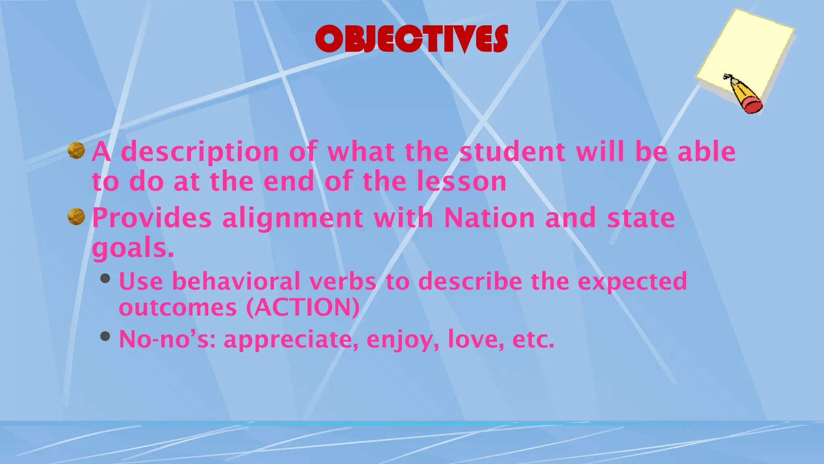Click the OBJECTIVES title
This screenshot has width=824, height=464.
(411, 39)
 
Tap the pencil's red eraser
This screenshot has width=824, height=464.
(752, 105)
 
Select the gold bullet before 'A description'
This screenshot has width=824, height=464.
(76, 151)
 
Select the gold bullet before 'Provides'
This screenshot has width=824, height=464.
(76, 217)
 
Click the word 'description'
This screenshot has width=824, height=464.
(200, 152)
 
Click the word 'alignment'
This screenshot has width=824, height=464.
(293, 218)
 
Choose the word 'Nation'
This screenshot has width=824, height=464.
(489, 218)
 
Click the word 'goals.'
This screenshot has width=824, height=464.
(133, 248)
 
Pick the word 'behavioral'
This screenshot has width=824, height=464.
(236, 281)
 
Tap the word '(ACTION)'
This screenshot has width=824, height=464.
(303, 308)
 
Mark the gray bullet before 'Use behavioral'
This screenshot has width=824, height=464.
(105, 278)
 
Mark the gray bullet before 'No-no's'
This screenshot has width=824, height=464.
(105, 336)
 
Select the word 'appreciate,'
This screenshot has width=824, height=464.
(291, 340)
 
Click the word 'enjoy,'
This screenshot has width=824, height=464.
(402, 340)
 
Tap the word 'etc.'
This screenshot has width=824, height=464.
(533, 340)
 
